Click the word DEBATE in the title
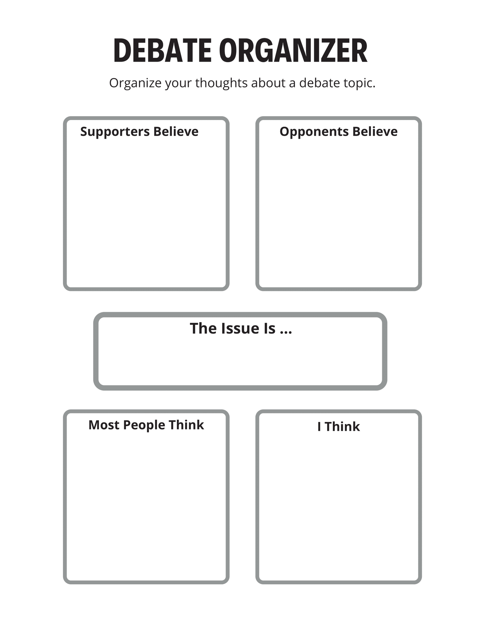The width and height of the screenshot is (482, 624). coord(162,50)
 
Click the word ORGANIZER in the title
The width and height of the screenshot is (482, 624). coord(293,50)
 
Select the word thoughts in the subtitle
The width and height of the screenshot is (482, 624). coord(221,83)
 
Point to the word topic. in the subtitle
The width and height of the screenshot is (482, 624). coord(359,83)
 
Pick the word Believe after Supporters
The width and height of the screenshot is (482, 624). coord(176,131)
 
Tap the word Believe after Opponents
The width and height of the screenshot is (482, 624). coord(375,131)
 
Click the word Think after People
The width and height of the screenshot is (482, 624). coord(186,425)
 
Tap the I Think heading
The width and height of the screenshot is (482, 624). coord(338,427)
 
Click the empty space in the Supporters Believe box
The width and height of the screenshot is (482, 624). coord(146,212)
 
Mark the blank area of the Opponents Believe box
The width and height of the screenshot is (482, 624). coord(339,212)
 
